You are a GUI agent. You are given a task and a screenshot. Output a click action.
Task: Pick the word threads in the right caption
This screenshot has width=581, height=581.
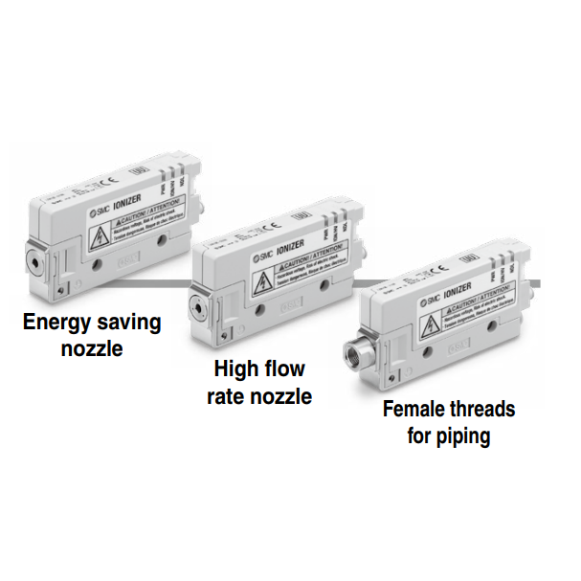tap(480, 410)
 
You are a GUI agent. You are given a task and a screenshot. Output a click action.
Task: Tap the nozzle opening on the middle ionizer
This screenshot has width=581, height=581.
tap(198, 307)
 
